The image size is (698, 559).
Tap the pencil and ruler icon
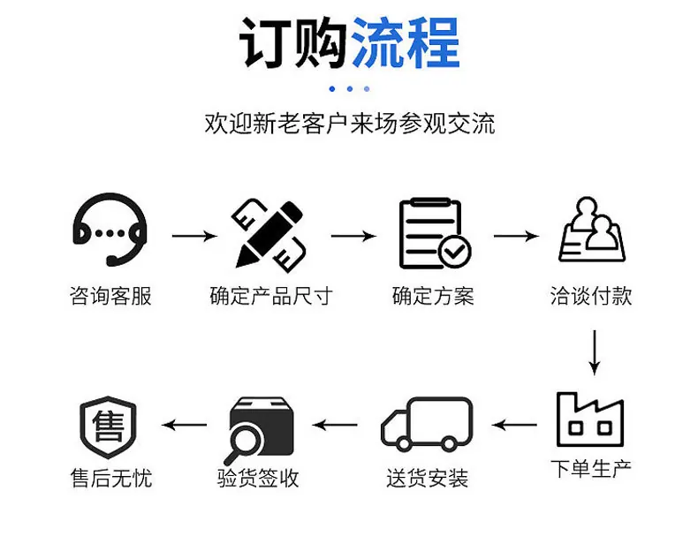click(x=269, y=235)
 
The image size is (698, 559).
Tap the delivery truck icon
click(x=427, y=423)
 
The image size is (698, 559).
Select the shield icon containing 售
click(x=108, y=427)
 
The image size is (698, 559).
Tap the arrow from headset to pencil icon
click(x=194, y=236)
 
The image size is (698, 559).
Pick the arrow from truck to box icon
click(x=335, y=425)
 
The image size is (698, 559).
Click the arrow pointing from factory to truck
click(x=514, y=425)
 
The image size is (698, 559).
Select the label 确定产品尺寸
click(x=271, y=296)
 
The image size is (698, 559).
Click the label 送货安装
click(x=428, y=479)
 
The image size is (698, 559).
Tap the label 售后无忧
click(x=111, y=479)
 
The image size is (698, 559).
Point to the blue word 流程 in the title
click(x=406, y=42)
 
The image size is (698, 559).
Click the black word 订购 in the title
click(x=294, y=42)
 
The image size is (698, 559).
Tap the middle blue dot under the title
click(x=350, y=89)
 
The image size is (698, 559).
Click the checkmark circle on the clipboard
click(x=454, y=252)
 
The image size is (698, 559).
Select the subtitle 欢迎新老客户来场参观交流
click(x=350, y=124)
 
